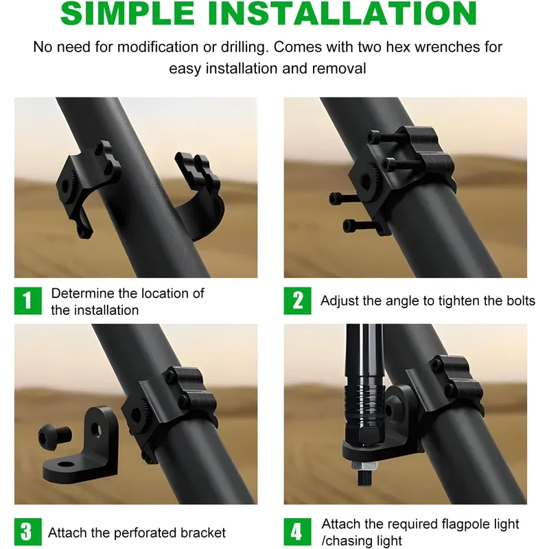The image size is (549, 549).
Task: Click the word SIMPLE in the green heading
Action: click(x=128, y=13)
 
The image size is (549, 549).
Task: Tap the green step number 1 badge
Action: click(x=28, y=301)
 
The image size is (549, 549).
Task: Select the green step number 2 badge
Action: click(x=298, y=301)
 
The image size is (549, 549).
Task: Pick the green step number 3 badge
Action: click(x=28, y=531)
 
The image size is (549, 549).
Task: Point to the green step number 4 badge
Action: click(x=298, y=531)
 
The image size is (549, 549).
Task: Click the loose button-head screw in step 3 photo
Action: click(x=55, y=435)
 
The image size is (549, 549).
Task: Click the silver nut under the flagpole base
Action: click(x=365, y=466)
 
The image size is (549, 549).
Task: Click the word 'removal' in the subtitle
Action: click(x=338, y=69)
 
